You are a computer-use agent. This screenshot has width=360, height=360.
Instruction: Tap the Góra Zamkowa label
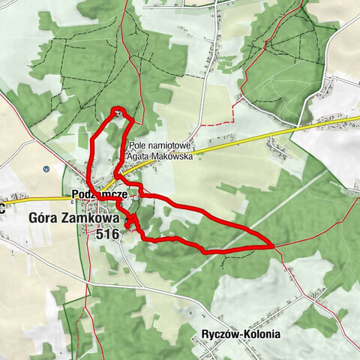[74, 218]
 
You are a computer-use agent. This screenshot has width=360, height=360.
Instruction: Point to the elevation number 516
[108, 235]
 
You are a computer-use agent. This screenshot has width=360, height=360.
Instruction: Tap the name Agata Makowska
[161, 157]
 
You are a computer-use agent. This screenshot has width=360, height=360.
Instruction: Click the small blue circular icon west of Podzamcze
[46, 169]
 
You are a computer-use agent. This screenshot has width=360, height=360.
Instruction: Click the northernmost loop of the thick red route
[118, 112]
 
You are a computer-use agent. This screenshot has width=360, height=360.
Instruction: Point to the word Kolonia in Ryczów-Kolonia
[262, 334]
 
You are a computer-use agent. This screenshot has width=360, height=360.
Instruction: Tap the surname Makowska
[173, 157]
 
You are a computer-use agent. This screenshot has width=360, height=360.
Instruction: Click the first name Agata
[141, 157]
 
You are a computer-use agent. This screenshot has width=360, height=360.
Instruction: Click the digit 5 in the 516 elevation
[100, 235]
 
